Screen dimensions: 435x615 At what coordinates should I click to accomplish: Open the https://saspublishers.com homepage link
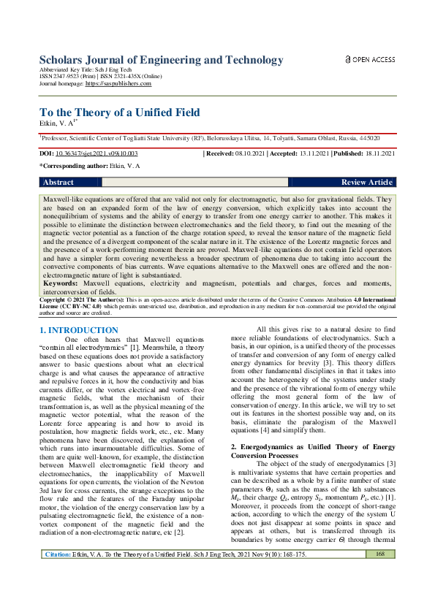click(118, 84)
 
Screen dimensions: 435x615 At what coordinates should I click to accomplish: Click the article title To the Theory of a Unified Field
click(118, 112)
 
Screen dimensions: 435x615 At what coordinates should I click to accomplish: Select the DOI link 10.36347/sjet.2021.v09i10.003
click(97, 154)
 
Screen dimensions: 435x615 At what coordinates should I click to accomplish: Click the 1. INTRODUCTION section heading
click(78, 331)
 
